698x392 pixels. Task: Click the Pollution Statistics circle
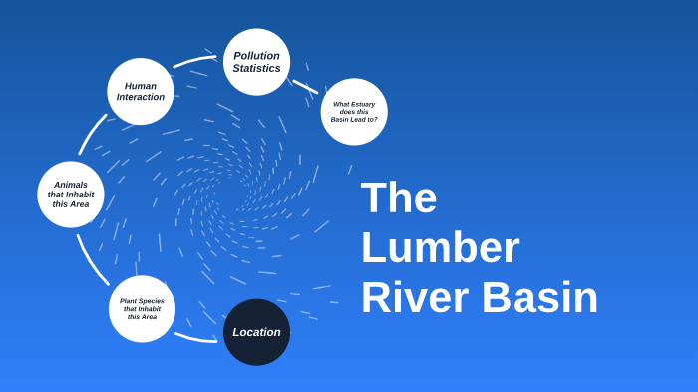tap(256, 62)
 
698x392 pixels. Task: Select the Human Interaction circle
tap(141, 92)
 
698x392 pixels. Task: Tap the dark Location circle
tap(256, 332)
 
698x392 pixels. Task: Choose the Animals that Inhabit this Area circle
tap(71, 195)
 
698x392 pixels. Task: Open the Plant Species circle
tap(142, 309)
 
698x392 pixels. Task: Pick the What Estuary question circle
tap(354, 112)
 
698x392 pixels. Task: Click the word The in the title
tap(399, 197)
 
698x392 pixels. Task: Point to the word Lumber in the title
tap(440, 247)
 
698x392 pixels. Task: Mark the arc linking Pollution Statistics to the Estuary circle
tap(305, 87)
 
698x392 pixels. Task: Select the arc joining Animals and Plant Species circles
tap(91, 261)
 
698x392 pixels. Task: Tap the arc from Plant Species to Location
tap(195, 339)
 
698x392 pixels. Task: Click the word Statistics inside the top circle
tap(256, 69)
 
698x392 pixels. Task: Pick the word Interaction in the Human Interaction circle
tap(141, 98)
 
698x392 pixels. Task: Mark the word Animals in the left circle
tap(71, 185)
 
